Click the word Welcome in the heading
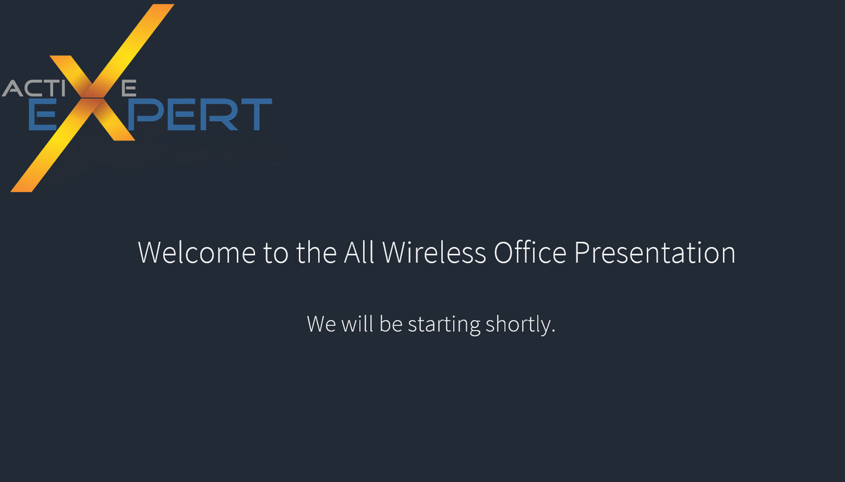coord(196,252)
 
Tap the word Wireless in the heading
coord(434,252)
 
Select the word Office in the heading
coord(530,252)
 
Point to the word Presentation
coord(654,252)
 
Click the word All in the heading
coord(358,252)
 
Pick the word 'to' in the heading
coord(275,252)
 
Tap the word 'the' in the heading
coord(316,252)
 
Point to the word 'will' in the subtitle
coord(357,324)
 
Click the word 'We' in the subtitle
coord(321,324)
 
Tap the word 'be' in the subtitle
coord(391,324)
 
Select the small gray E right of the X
coord(129,88)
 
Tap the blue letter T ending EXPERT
coord(256,115)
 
